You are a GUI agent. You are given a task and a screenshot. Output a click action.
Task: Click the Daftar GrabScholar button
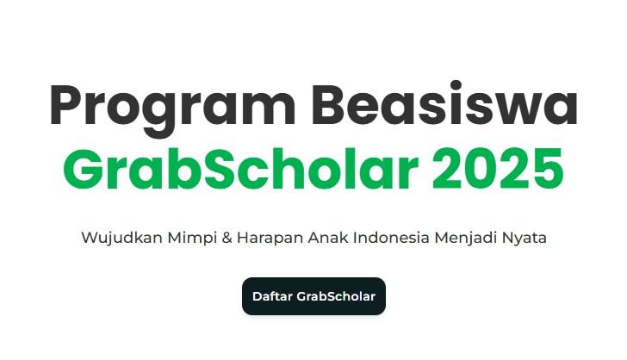pos(313,296)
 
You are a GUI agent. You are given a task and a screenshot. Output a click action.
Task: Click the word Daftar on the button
pos(272,296)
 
